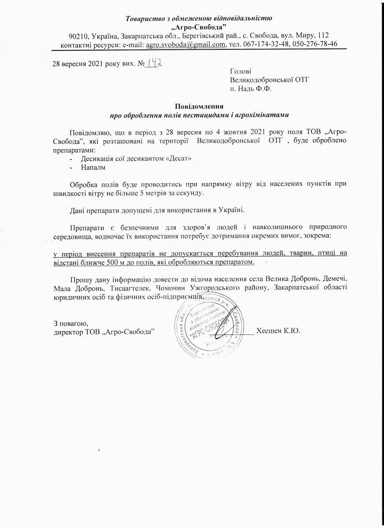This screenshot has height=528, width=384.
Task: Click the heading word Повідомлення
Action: (199, 106)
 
